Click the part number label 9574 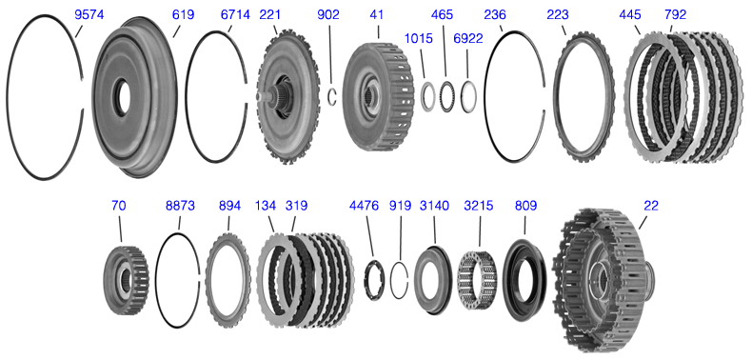pyautogui.click(x=89, y=15)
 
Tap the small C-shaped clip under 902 pyautogui.click(x=331, y=96)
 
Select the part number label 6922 pyautogui.click(x=467, y=39)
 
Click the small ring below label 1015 pyautogui.click(x=426, y=97)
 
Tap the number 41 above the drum pyautogui.click(x=377, y=15)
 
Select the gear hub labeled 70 pyautogui.click(x=126, y=280)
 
